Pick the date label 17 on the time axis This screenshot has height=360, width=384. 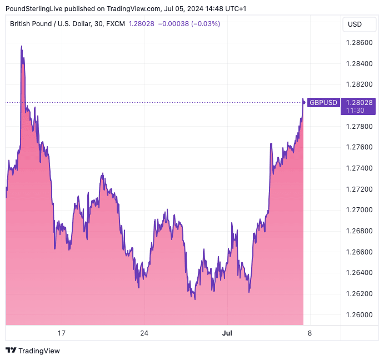pos(62,333)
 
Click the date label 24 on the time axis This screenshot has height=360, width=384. pos(144,333)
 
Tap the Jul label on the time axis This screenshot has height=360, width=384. pos(227,333)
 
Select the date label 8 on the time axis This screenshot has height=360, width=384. pos(310,333)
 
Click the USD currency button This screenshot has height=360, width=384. pos(355,24)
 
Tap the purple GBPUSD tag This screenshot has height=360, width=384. pos(323,103)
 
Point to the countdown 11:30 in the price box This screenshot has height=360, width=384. pos(355,111)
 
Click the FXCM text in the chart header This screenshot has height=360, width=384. pos(115,24)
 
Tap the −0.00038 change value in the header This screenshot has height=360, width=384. pos(173,24)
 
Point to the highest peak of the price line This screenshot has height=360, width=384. pos(22,47)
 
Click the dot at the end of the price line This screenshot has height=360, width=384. pos(303,101)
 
